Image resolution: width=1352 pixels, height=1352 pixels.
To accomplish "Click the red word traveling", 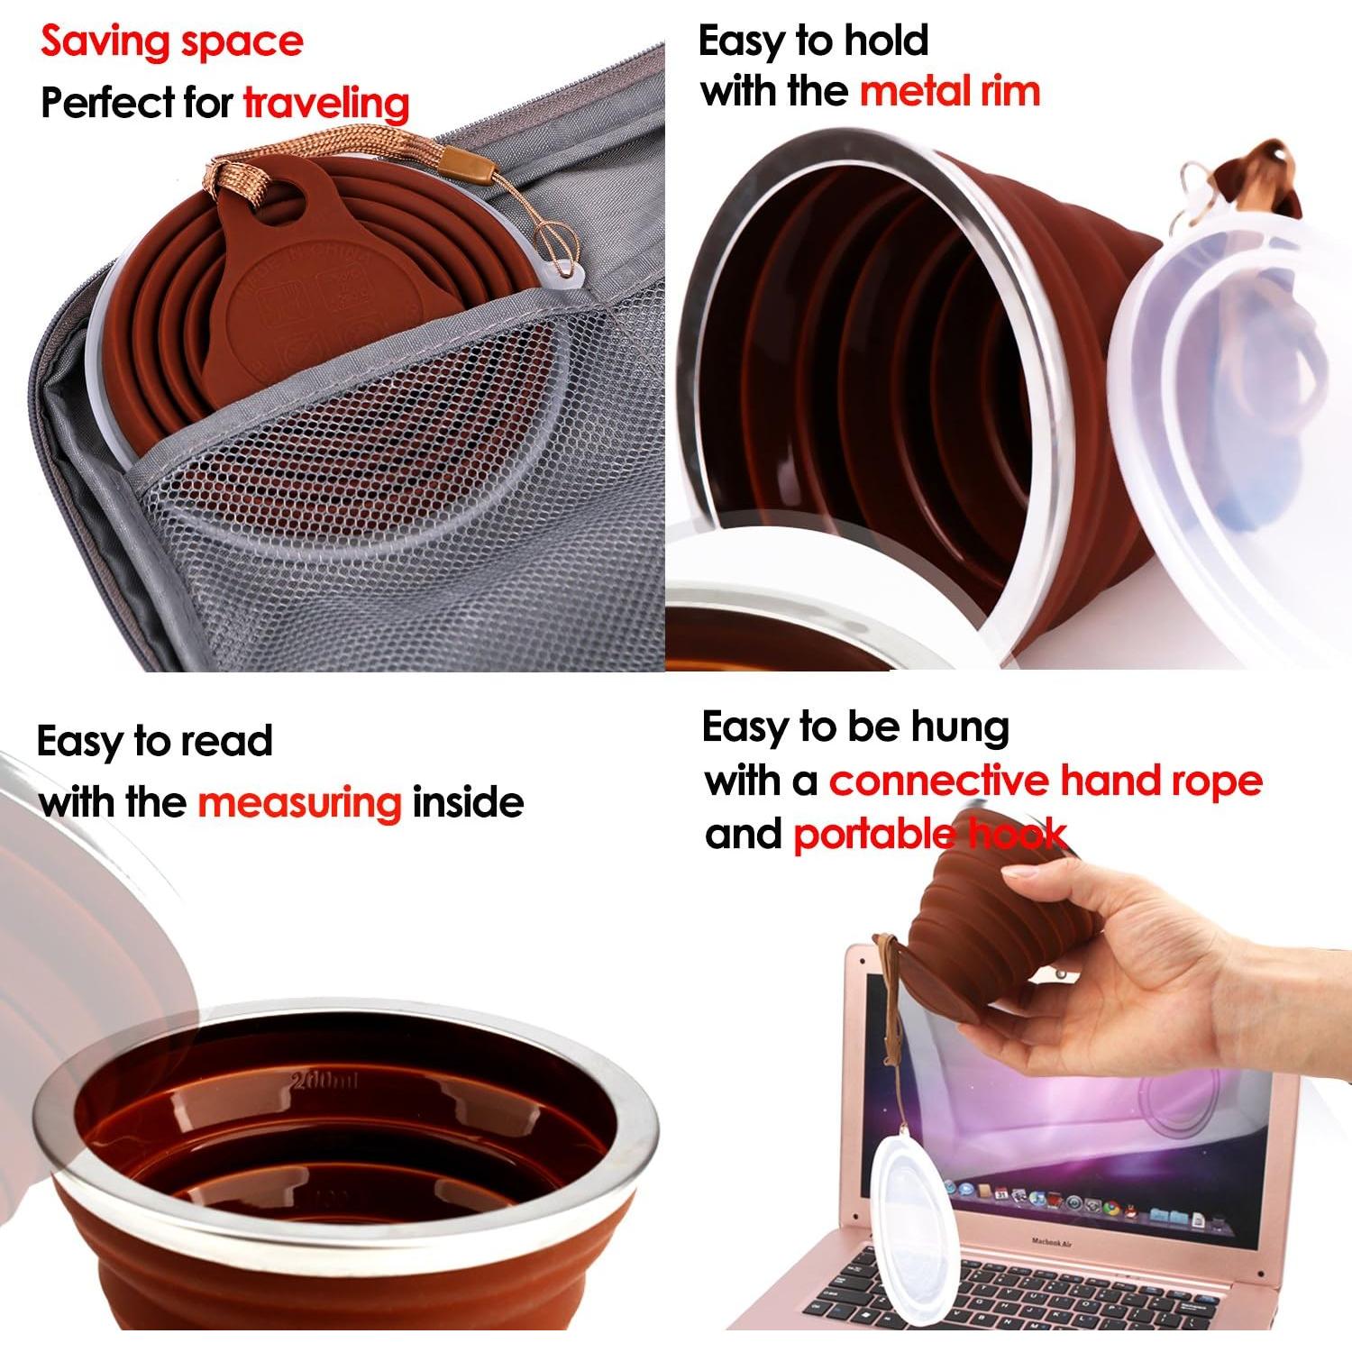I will point(326,105).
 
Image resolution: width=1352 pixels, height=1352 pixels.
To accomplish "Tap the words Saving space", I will point(172,42).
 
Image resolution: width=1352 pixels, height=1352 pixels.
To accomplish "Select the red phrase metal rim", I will point(950,92).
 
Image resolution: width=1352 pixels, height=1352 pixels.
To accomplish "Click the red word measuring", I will point(299,802).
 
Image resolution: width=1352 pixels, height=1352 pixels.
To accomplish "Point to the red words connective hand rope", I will point(1046,781).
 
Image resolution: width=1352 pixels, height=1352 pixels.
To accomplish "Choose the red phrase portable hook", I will point(929,835).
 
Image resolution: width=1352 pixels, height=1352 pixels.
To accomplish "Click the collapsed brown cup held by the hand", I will point(973,937).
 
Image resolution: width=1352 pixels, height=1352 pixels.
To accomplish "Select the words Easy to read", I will point(154,742).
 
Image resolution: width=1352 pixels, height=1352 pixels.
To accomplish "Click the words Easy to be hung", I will point(854,727).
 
